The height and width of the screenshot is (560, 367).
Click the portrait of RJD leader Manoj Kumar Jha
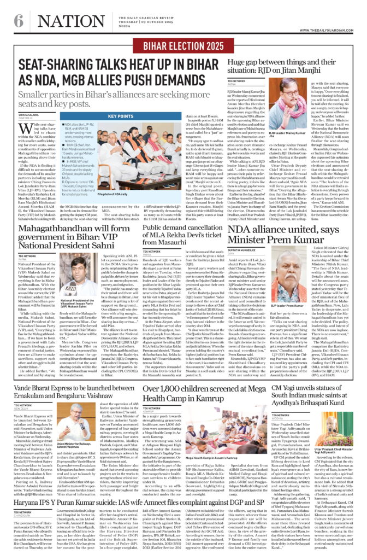tap(292, 104)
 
